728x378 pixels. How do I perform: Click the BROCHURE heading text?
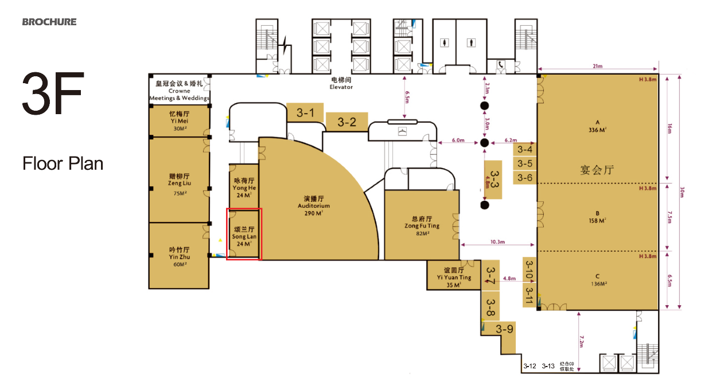49,22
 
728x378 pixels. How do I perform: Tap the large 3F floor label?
53,93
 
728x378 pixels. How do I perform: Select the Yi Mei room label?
179,120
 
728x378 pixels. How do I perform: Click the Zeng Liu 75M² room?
179,184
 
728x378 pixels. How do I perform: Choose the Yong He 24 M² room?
244,188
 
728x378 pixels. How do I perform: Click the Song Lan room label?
244,236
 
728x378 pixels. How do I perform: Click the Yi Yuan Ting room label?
454,277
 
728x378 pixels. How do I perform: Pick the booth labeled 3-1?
305,113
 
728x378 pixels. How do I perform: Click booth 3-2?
347,122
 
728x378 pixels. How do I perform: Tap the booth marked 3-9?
505,329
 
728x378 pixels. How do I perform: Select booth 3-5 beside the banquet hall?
525,163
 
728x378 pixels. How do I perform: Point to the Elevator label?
341,84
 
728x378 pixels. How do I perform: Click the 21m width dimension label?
598,67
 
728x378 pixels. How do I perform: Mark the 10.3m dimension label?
497,242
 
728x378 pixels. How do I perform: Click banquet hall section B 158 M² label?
597,217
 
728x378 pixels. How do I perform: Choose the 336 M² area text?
597,130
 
